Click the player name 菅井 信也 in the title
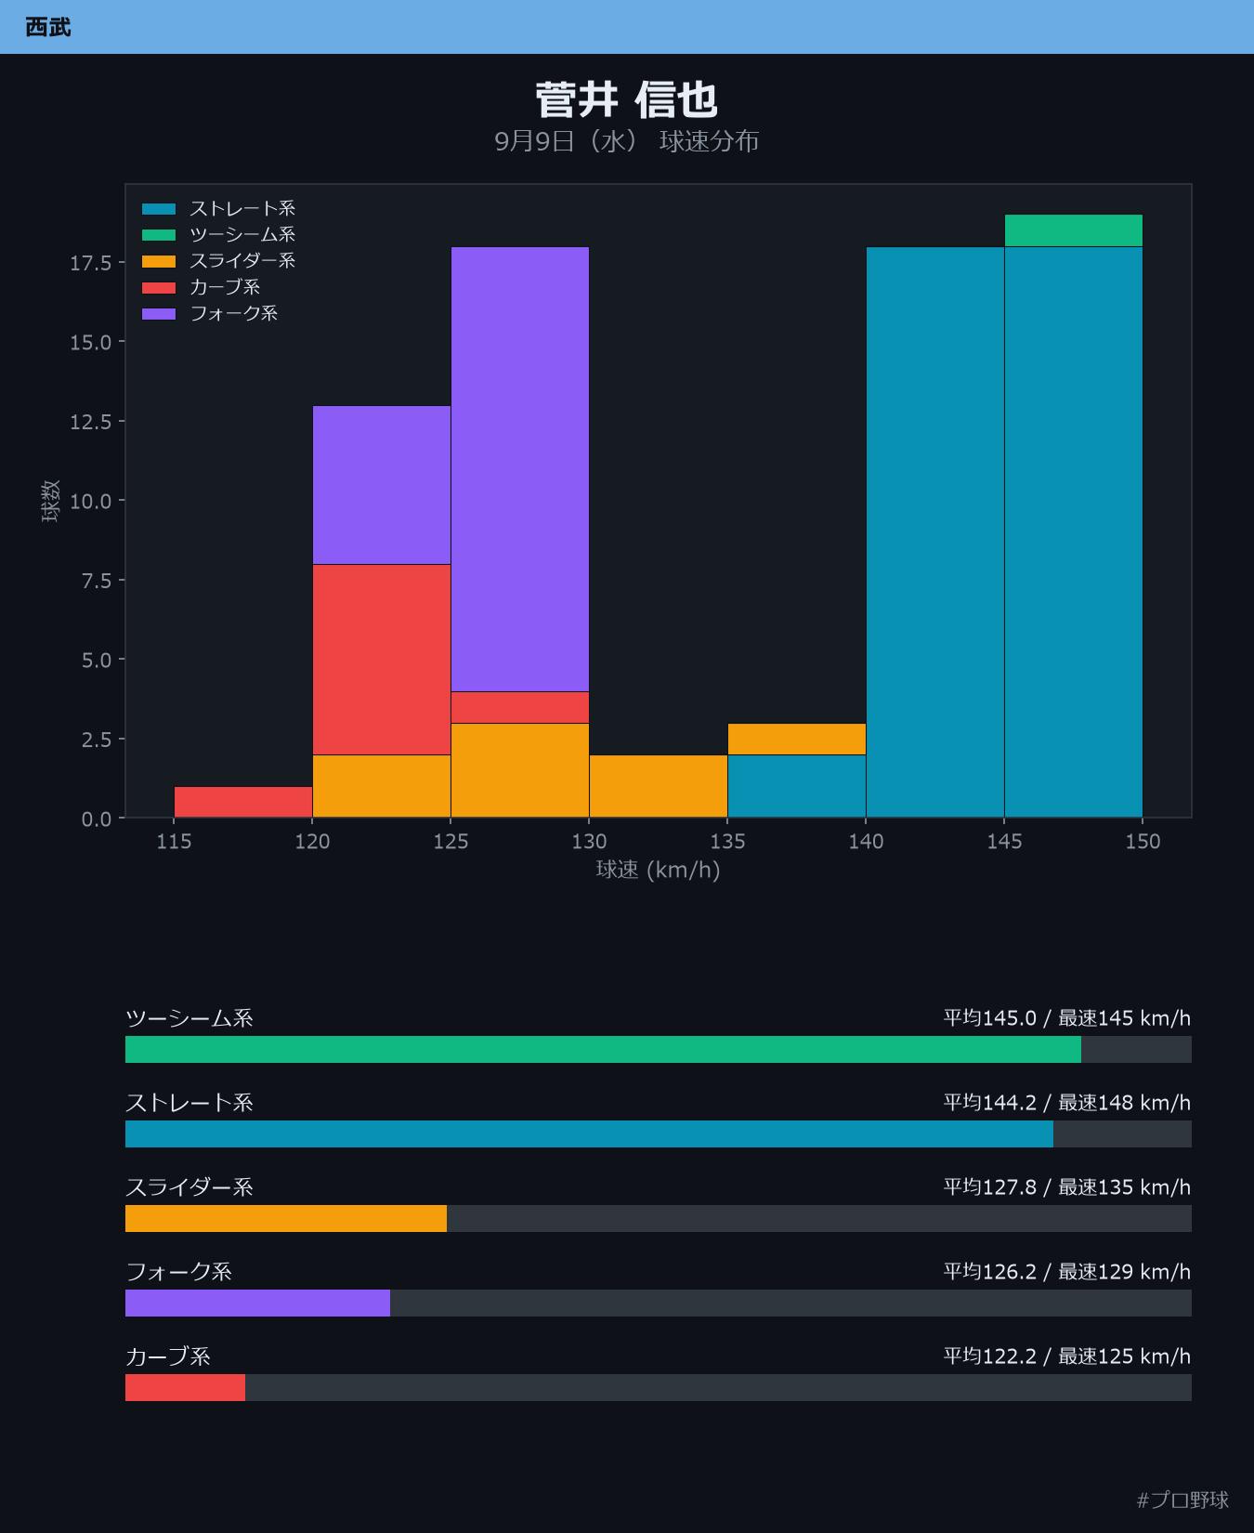626,100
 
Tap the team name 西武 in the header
47,27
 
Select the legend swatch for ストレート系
159,209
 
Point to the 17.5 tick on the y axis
90,263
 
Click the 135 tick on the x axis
727,842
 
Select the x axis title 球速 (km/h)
658,870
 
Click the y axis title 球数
51,501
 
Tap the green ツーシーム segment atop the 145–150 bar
1073,231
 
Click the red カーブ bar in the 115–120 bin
243,802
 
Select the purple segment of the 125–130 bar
520,469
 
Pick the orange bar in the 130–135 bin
659,786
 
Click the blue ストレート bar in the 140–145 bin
935,532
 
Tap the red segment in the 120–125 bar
382,660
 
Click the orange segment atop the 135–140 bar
797,739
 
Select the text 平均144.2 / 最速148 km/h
1066,1103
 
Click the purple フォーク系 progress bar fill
257,1303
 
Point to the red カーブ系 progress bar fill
185,1387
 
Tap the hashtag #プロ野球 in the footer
1182,1500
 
